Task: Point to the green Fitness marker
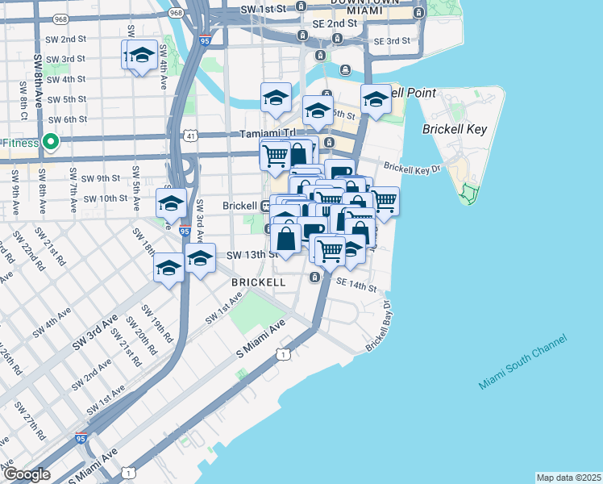[x=51, y=144]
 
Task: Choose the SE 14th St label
[x=356, y=286]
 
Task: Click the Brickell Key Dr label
[x=414, y=169]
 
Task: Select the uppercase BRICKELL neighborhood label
[x=258, y=283]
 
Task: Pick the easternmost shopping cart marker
[x=384, y=201]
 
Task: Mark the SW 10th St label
[x=106, y=198]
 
